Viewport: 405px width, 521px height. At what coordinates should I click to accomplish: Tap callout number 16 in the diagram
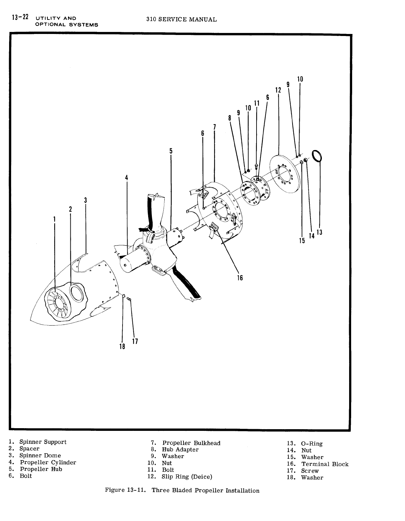[x=240, y=278]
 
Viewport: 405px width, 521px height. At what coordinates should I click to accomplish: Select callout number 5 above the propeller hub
[x=171, y=151]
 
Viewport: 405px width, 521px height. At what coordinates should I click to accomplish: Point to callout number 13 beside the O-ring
[x=319, y=232]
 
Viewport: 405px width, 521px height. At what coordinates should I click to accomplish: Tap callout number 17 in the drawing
[x=135, y=341]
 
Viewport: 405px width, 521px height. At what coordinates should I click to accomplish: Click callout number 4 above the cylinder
[x=127, y=178]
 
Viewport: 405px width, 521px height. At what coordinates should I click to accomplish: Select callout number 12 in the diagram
[x=278, y=90]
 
